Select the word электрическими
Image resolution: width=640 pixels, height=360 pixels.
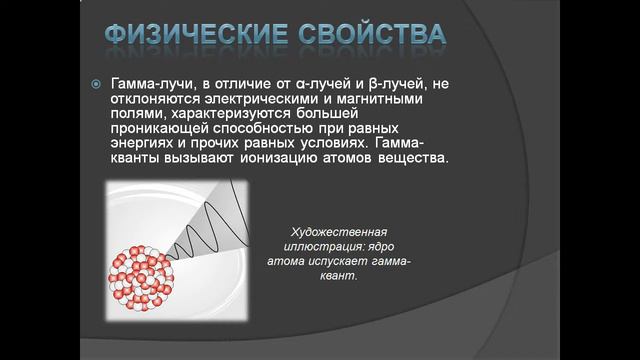[x=255, y=99]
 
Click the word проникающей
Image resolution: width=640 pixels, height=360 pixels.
[x=159, y=129]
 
